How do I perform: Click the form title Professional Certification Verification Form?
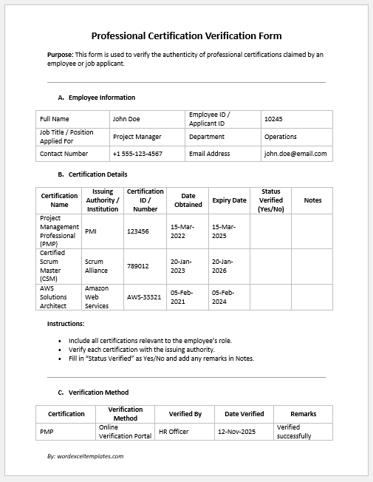click(x=186, y=35)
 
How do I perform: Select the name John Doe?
click(x=126, y=118)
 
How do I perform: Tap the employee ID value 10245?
click(x=273, y=118)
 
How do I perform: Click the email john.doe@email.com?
click(x=295, y=154)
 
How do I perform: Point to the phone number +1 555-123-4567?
click(x=137, y=154)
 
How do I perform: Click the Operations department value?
click(x=281, y=137)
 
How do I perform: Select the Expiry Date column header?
click(x=229, y=200)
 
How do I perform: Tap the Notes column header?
click(x=312, y=200)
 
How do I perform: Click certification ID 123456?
click(x=138, y=231)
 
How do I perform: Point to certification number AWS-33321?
click(x=144, y=297)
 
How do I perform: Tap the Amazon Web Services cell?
click(x=97, y=297)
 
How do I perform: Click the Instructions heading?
click(x=66, y=324)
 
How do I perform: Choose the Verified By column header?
click(x=185, y=414)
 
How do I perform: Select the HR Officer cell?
click(x=174, y=431)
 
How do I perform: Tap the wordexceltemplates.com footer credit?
click(x=85, y=456)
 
